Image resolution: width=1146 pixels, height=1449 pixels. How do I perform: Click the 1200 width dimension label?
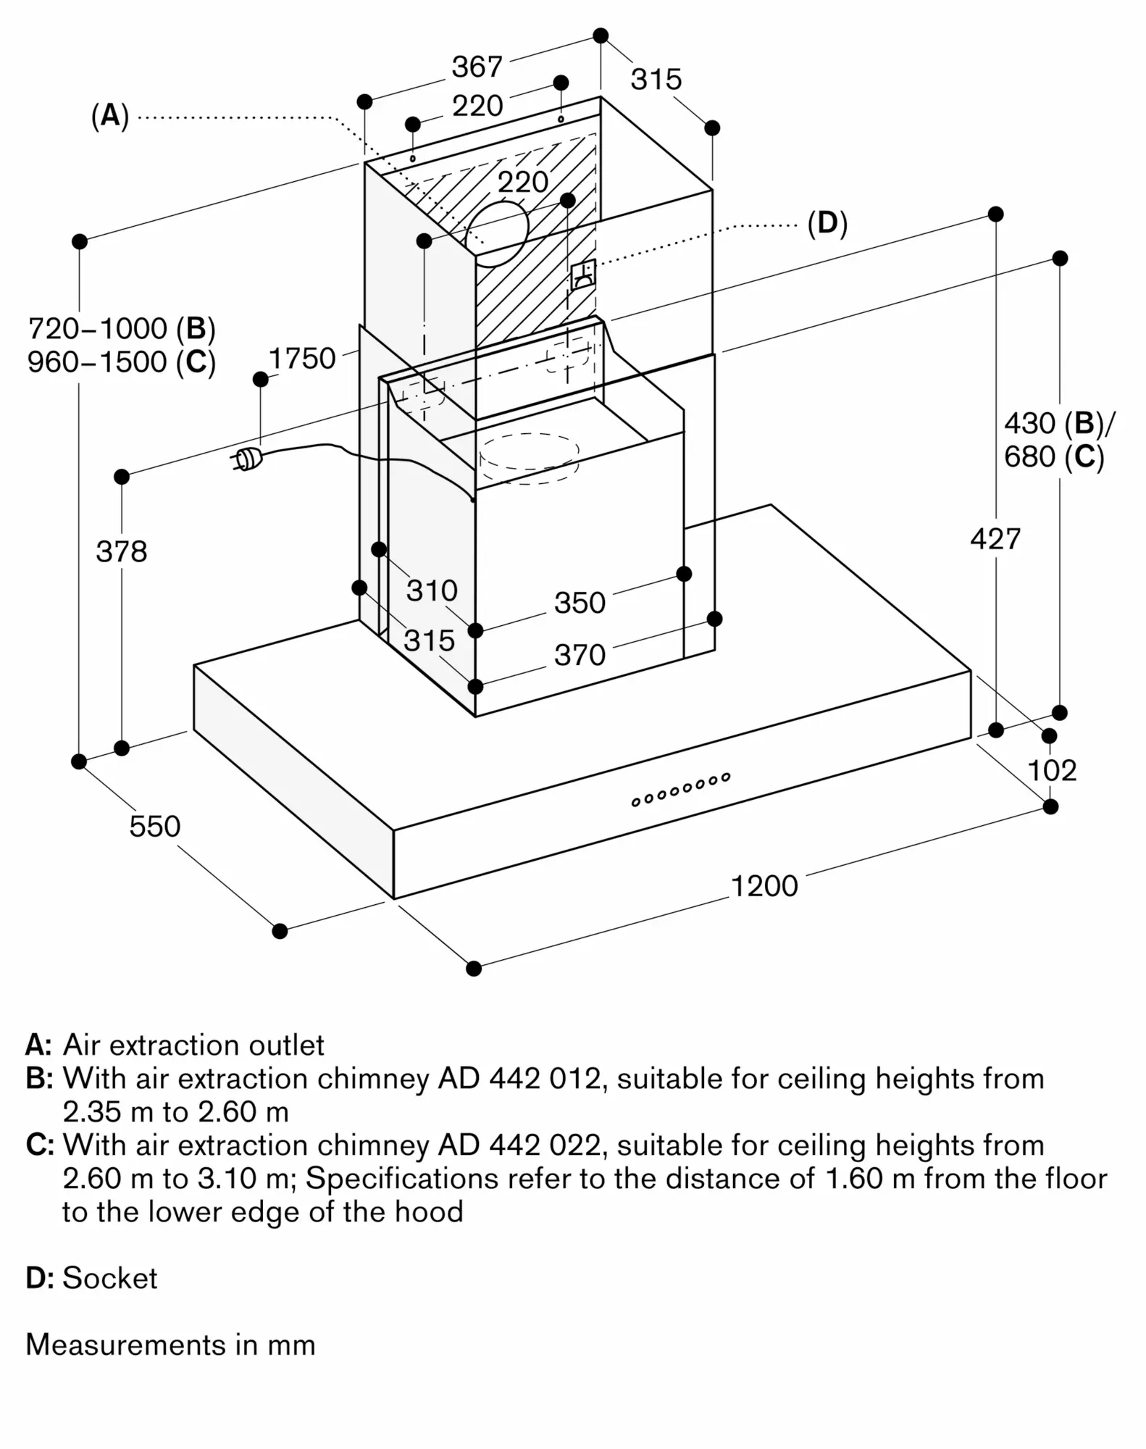764,886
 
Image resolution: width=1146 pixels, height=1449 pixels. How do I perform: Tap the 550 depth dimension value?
154,826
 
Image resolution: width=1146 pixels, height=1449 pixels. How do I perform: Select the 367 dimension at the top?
477,67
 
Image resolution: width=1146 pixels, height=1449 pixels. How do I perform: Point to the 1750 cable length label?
302,358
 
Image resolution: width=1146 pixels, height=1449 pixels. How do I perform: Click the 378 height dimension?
122,551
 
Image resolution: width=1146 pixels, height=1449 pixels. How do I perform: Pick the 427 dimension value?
995,539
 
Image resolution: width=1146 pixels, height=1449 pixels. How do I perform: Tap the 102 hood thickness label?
1052,770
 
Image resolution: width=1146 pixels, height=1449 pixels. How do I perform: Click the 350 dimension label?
580,603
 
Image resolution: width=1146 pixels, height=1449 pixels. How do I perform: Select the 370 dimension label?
580,655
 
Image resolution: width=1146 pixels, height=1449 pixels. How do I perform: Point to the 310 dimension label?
432,590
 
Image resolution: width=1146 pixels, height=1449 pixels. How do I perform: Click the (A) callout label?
110,115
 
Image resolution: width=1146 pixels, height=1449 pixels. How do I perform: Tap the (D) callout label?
827,223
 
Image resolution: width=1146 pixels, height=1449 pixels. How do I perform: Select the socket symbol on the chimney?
583,275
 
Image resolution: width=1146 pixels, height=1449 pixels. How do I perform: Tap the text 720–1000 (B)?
122,329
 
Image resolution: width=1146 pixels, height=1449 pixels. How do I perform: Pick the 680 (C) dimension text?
1054,457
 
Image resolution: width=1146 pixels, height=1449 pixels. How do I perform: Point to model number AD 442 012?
519,1078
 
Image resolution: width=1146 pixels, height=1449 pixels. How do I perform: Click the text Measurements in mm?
170,1344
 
